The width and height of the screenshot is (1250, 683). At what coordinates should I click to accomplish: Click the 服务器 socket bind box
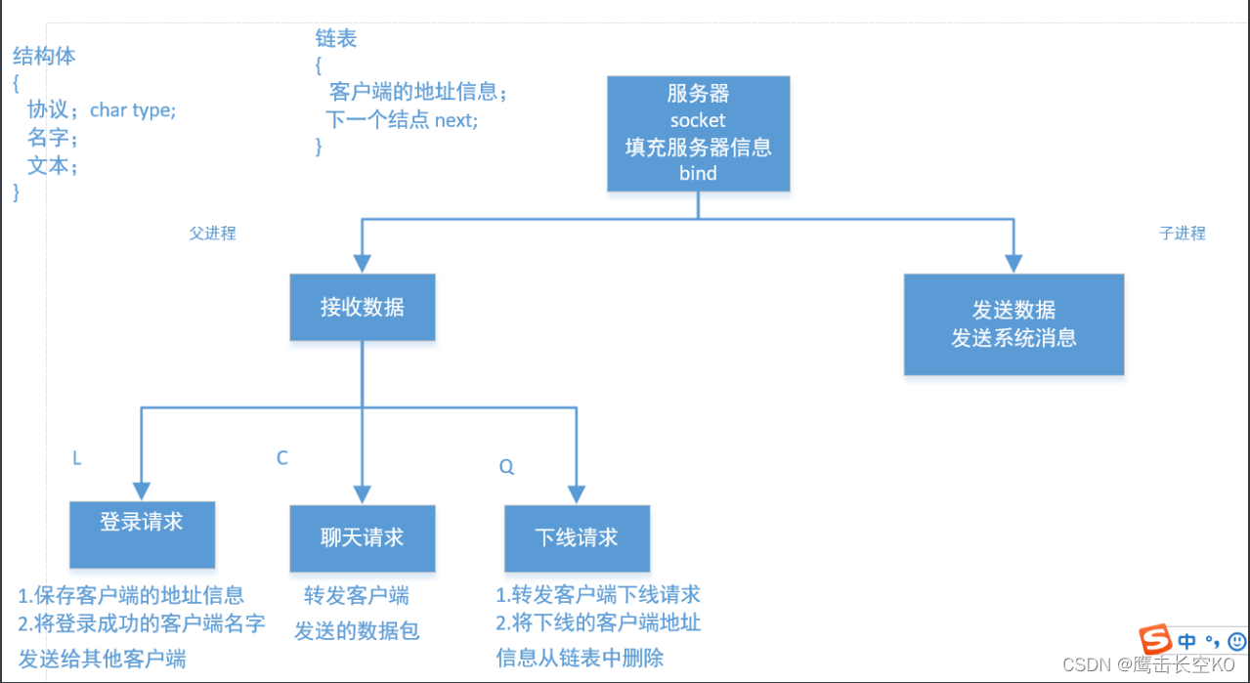click(698, 134)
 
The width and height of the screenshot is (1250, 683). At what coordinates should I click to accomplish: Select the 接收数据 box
click(363, 307)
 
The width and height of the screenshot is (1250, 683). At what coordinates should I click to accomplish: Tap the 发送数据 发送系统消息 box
click(1013, 324)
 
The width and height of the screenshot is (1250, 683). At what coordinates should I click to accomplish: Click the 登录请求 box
click(142, 534)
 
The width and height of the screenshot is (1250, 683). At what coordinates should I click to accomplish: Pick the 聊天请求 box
click(363, 538)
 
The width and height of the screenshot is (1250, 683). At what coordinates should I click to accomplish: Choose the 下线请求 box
click(577, 538)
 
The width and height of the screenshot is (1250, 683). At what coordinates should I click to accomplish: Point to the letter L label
click(77, 458)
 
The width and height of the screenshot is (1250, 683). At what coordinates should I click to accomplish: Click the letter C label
click(282, 458)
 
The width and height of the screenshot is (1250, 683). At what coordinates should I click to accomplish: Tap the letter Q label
click(506, 467)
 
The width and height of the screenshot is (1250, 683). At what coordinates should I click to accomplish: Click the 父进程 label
click(212, 234)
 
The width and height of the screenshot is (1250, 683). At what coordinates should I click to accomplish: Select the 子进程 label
click(1182, 234)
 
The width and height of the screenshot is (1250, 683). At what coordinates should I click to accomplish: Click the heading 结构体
click(44, 57)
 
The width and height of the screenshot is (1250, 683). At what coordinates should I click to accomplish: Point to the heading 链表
click(335, 39)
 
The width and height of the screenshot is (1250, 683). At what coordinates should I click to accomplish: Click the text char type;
click(133, 110)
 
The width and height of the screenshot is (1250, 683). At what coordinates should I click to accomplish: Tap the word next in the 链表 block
click(454, 120)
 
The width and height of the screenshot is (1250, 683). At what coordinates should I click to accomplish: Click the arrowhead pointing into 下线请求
click(577, 493)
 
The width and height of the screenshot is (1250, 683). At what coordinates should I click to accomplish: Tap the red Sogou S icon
click(1156, 641)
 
